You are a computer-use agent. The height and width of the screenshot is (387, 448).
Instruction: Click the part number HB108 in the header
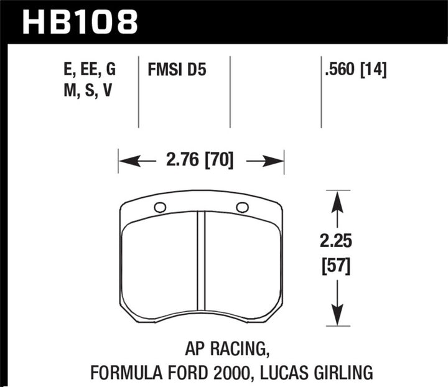[79, 21]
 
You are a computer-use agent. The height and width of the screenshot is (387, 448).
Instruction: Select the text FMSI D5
[177, 70]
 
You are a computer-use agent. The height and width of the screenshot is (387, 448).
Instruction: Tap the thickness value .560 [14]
[355, 70]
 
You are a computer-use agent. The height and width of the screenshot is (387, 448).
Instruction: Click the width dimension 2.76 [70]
[201, 161]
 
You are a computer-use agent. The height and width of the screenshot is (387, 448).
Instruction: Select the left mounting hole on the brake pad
[159, 208]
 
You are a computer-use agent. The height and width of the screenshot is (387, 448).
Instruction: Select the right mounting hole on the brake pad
[243, 207]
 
